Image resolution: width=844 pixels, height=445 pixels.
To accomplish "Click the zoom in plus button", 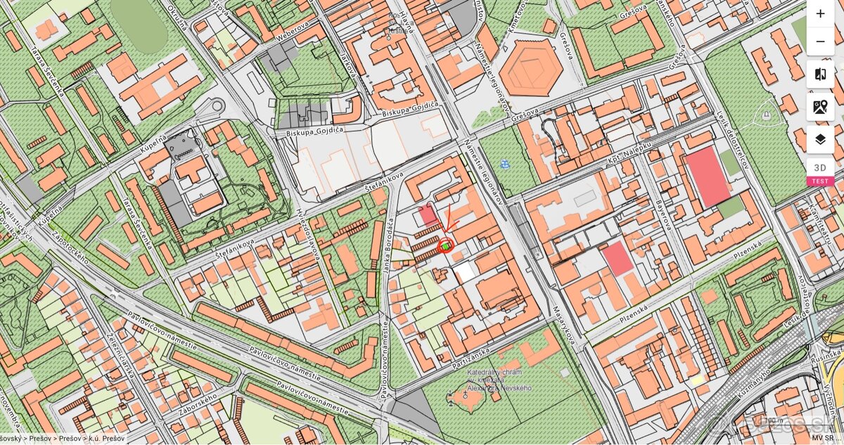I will (820, 13).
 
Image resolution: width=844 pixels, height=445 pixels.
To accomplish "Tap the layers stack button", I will (820, 139).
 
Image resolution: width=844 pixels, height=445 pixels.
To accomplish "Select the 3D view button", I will (820, 167).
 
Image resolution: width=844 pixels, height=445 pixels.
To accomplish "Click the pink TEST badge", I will (820, 181).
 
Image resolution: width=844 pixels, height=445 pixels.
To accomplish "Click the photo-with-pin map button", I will (820, 107).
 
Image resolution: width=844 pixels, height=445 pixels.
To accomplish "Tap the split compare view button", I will (820, 74).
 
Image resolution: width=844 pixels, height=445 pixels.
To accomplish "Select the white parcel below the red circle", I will (464, 272).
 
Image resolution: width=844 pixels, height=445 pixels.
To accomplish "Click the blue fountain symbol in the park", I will (504, 165).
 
